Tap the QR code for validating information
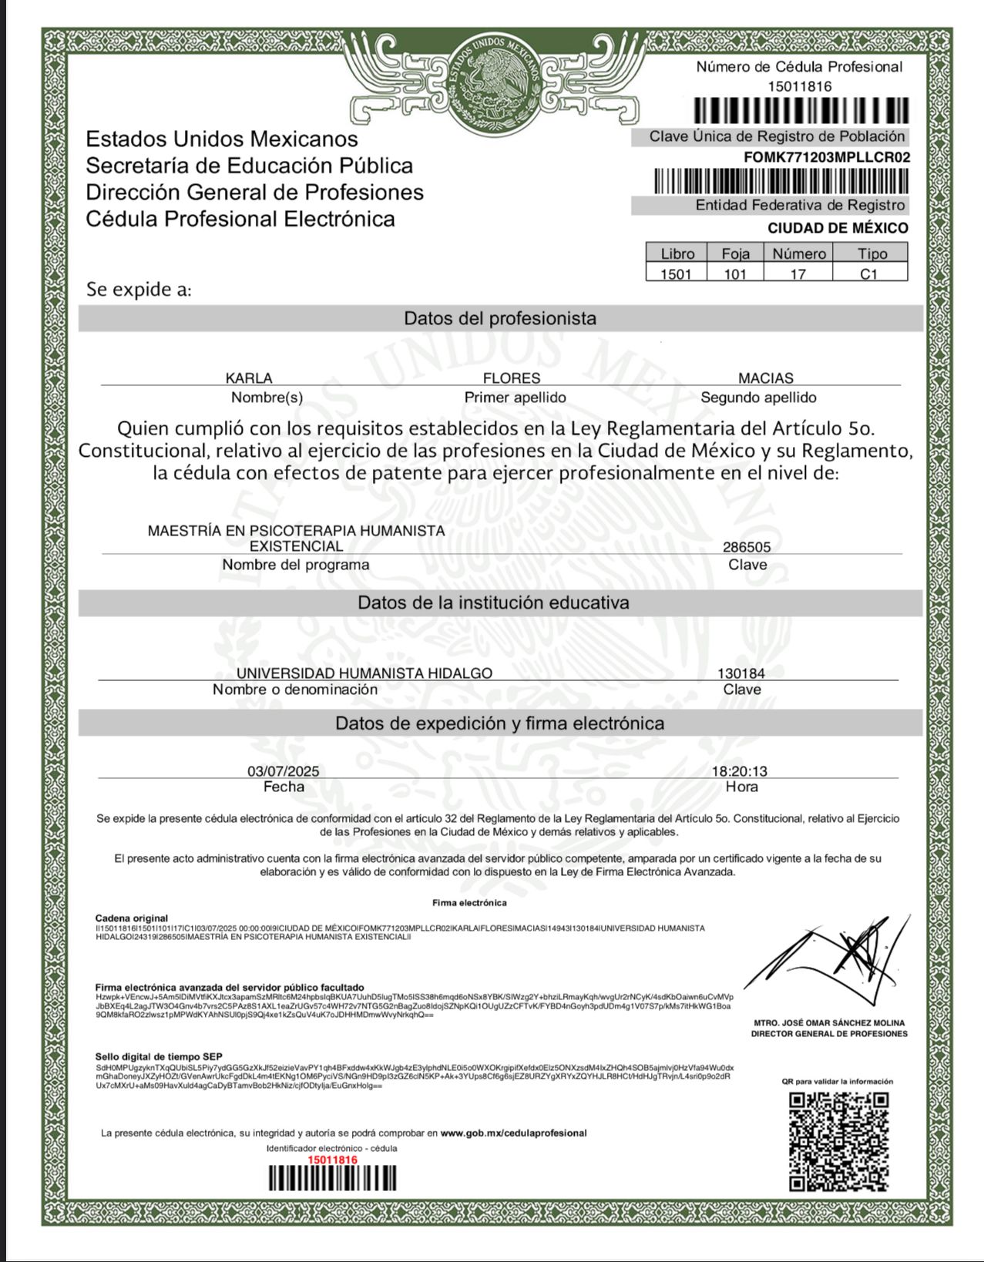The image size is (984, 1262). coord(839,1141)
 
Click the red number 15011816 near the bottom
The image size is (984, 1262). coord(332,1160)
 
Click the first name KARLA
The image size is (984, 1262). coord(249,378)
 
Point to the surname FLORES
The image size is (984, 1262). coord(512,378)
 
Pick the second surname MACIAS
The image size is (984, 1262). coord(765,378)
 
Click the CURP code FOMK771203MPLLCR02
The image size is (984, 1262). coord(826,157)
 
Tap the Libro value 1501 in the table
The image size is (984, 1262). coord(676,274)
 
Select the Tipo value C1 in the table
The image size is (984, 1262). coord(869,274)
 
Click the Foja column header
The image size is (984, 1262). coord(735,253)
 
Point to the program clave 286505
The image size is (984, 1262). coord(747,547)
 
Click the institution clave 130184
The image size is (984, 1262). coord(741,673)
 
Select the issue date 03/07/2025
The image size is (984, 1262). coord(283,770)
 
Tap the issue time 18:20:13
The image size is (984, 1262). coord(739,770)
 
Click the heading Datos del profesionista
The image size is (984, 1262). coord(500,318)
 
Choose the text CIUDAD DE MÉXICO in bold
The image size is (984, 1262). coord(838,228)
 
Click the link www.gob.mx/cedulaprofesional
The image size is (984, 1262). coord(513,1133)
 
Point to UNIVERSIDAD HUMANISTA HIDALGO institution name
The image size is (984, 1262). coord(364,673)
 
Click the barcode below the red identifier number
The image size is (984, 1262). coord(332,1179)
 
